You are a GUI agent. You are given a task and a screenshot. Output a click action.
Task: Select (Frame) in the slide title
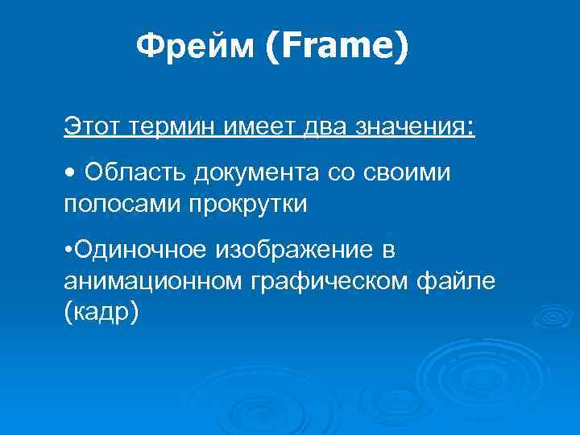[x=336, y=48]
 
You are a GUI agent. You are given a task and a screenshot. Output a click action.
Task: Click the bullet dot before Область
[x=70, y=173]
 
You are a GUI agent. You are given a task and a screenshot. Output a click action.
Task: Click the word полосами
[x=122, y=203]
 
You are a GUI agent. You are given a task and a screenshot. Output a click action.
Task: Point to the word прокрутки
[x=248, y=203]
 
